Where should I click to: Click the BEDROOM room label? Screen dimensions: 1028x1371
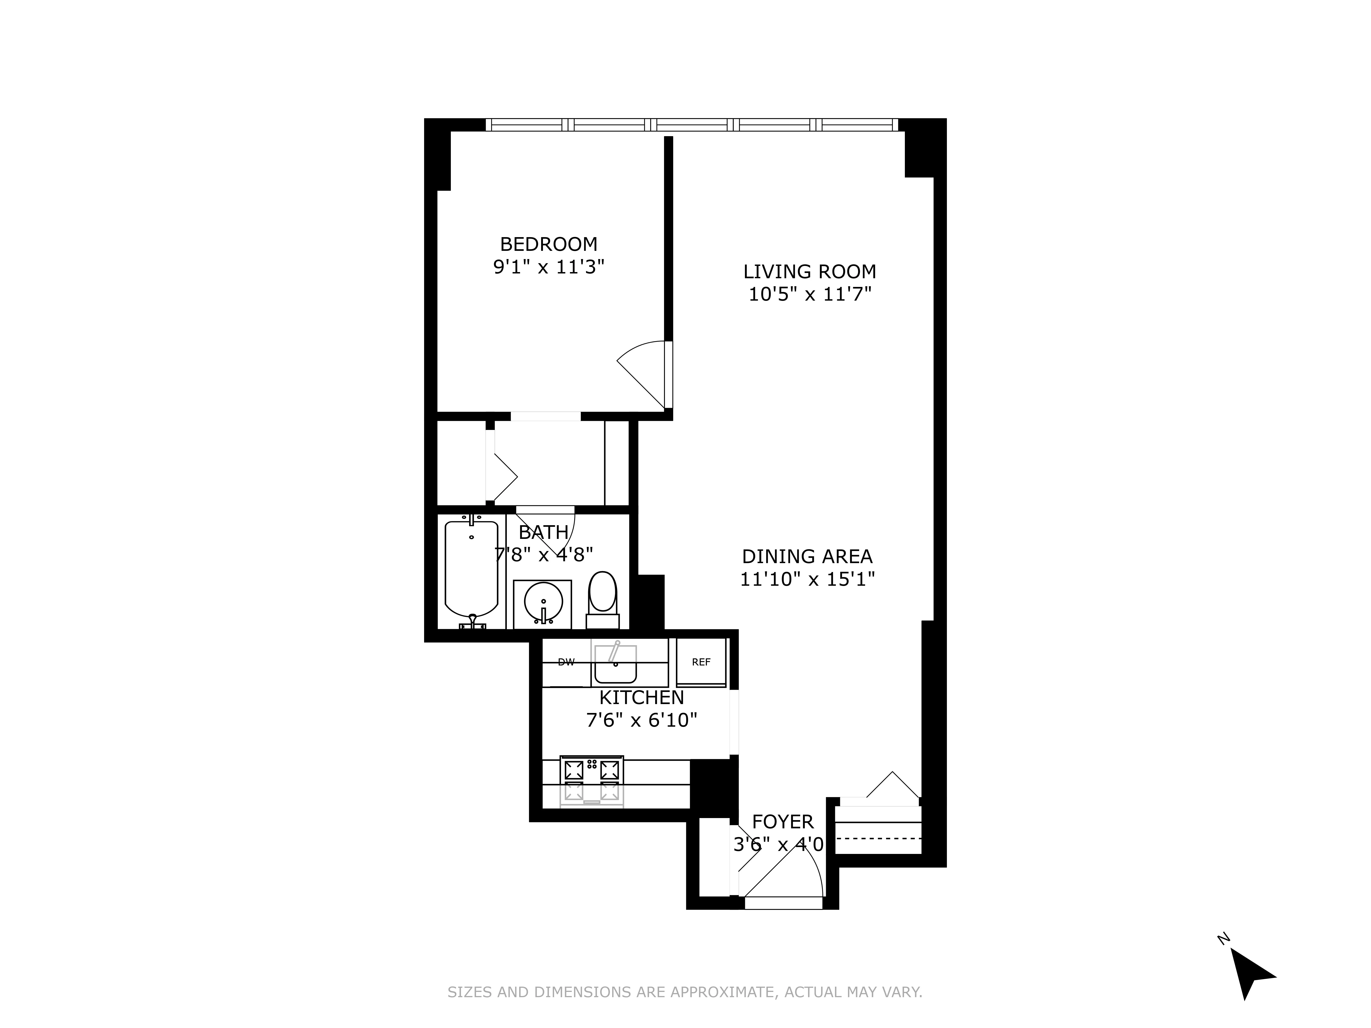549,244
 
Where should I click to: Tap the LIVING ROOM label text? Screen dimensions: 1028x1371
809,271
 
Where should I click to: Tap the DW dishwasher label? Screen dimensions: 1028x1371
566,662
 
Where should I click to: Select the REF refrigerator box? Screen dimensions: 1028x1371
701,662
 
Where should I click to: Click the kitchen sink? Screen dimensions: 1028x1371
615,663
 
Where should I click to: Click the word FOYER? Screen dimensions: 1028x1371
782,822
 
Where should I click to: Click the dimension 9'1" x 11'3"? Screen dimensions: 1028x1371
549,267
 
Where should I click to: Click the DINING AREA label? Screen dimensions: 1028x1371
807,556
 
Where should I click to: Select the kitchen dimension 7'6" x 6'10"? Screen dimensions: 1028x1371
641,720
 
